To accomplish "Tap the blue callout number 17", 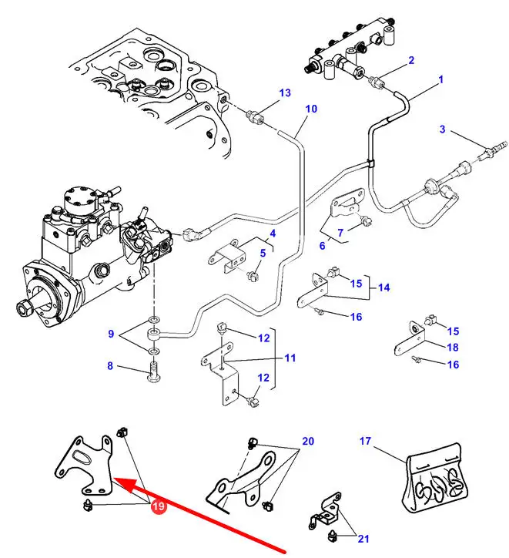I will click(x=365, y=442).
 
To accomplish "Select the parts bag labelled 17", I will click(x=432, y=480).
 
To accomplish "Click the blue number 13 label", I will click(x=285, y=93).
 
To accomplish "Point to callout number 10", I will click(x=310, y=109).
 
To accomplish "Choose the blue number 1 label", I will click(x=441, y=79).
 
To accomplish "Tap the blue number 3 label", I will click(x=443, y=129).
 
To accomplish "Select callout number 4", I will click(x=272, y=234).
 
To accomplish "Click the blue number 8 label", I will click(x=110, y=366).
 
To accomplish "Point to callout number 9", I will click(x=110, y=334).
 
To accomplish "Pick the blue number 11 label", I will click(x=290, y=358).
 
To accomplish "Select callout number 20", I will click(x=308, y=442).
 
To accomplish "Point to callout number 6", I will click(x=323, y=245).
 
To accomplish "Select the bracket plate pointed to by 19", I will click(x=85, y=466).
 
